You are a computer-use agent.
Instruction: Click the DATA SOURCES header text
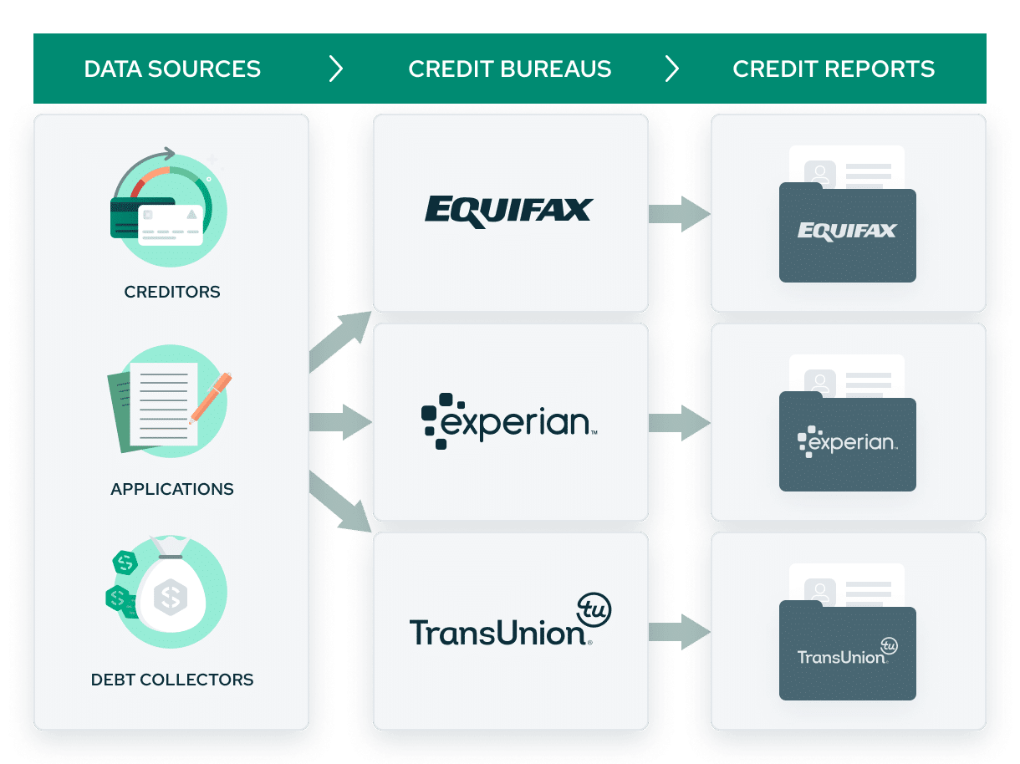coord(172,69)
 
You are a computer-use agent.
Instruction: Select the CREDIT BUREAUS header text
coord(509,69)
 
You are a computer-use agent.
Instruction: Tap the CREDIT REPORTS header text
coord(834,69)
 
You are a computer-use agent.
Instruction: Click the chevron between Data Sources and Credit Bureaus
coord(336,69)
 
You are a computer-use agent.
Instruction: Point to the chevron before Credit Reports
coord(672,69)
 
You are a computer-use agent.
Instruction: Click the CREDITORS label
coord(172,292)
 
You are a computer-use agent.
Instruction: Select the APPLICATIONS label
coord(172,489)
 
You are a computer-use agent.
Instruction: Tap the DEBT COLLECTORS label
coord(172,680)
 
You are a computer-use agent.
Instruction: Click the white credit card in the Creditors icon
coord(171,225)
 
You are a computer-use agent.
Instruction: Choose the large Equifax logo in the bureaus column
coord(509,211)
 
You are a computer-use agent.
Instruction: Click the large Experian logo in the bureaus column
coord(509,421)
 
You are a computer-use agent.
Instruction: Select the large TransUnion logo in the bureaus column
coord(510,620)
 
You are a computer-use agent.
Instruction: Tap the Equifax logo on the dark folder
coord(847,231)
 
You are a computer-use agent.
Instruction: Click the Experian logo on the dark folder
coord(847,441)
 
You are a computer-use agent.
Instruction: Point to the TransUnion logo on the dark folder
coord(847,651)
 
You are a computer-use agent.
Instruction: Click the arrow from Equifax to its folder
coord(680,214)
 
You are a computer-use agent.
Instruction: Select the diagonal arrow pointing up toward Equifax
coord(340,341)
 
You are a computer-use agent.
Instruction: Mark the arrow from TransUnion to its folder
coord(680,632)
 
